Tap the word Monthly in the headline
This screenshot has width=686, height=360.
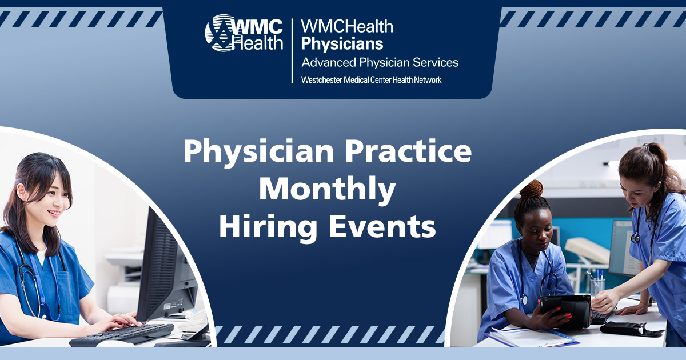pos(327,190)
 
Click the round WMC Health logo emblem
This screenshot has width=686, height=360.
pos(218,33)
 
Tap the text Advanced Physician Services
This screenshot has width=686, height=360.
pos(380,62)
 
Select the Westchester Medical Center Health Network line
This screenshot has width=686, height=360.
pos(371,80)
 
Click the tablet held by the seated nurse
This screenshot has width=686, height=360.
pos(566,309)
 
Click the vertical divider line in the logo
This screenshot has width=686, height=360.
pos(292,50)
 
